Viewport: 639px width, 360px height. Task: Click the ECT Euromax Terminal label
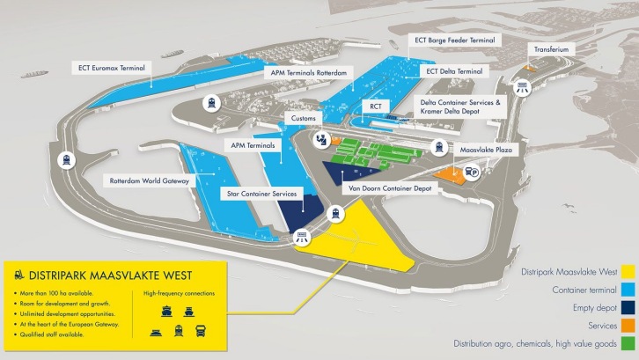(109, 66)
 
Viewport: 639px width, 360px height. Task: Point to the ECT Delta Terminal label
(454, 71)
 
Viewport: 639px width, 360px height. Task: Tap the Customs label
(305, 117)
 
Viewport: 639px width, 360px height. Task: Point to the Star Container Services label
(261, 191)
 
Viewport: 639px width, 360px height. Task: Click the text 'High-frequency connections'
(179, 292)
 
